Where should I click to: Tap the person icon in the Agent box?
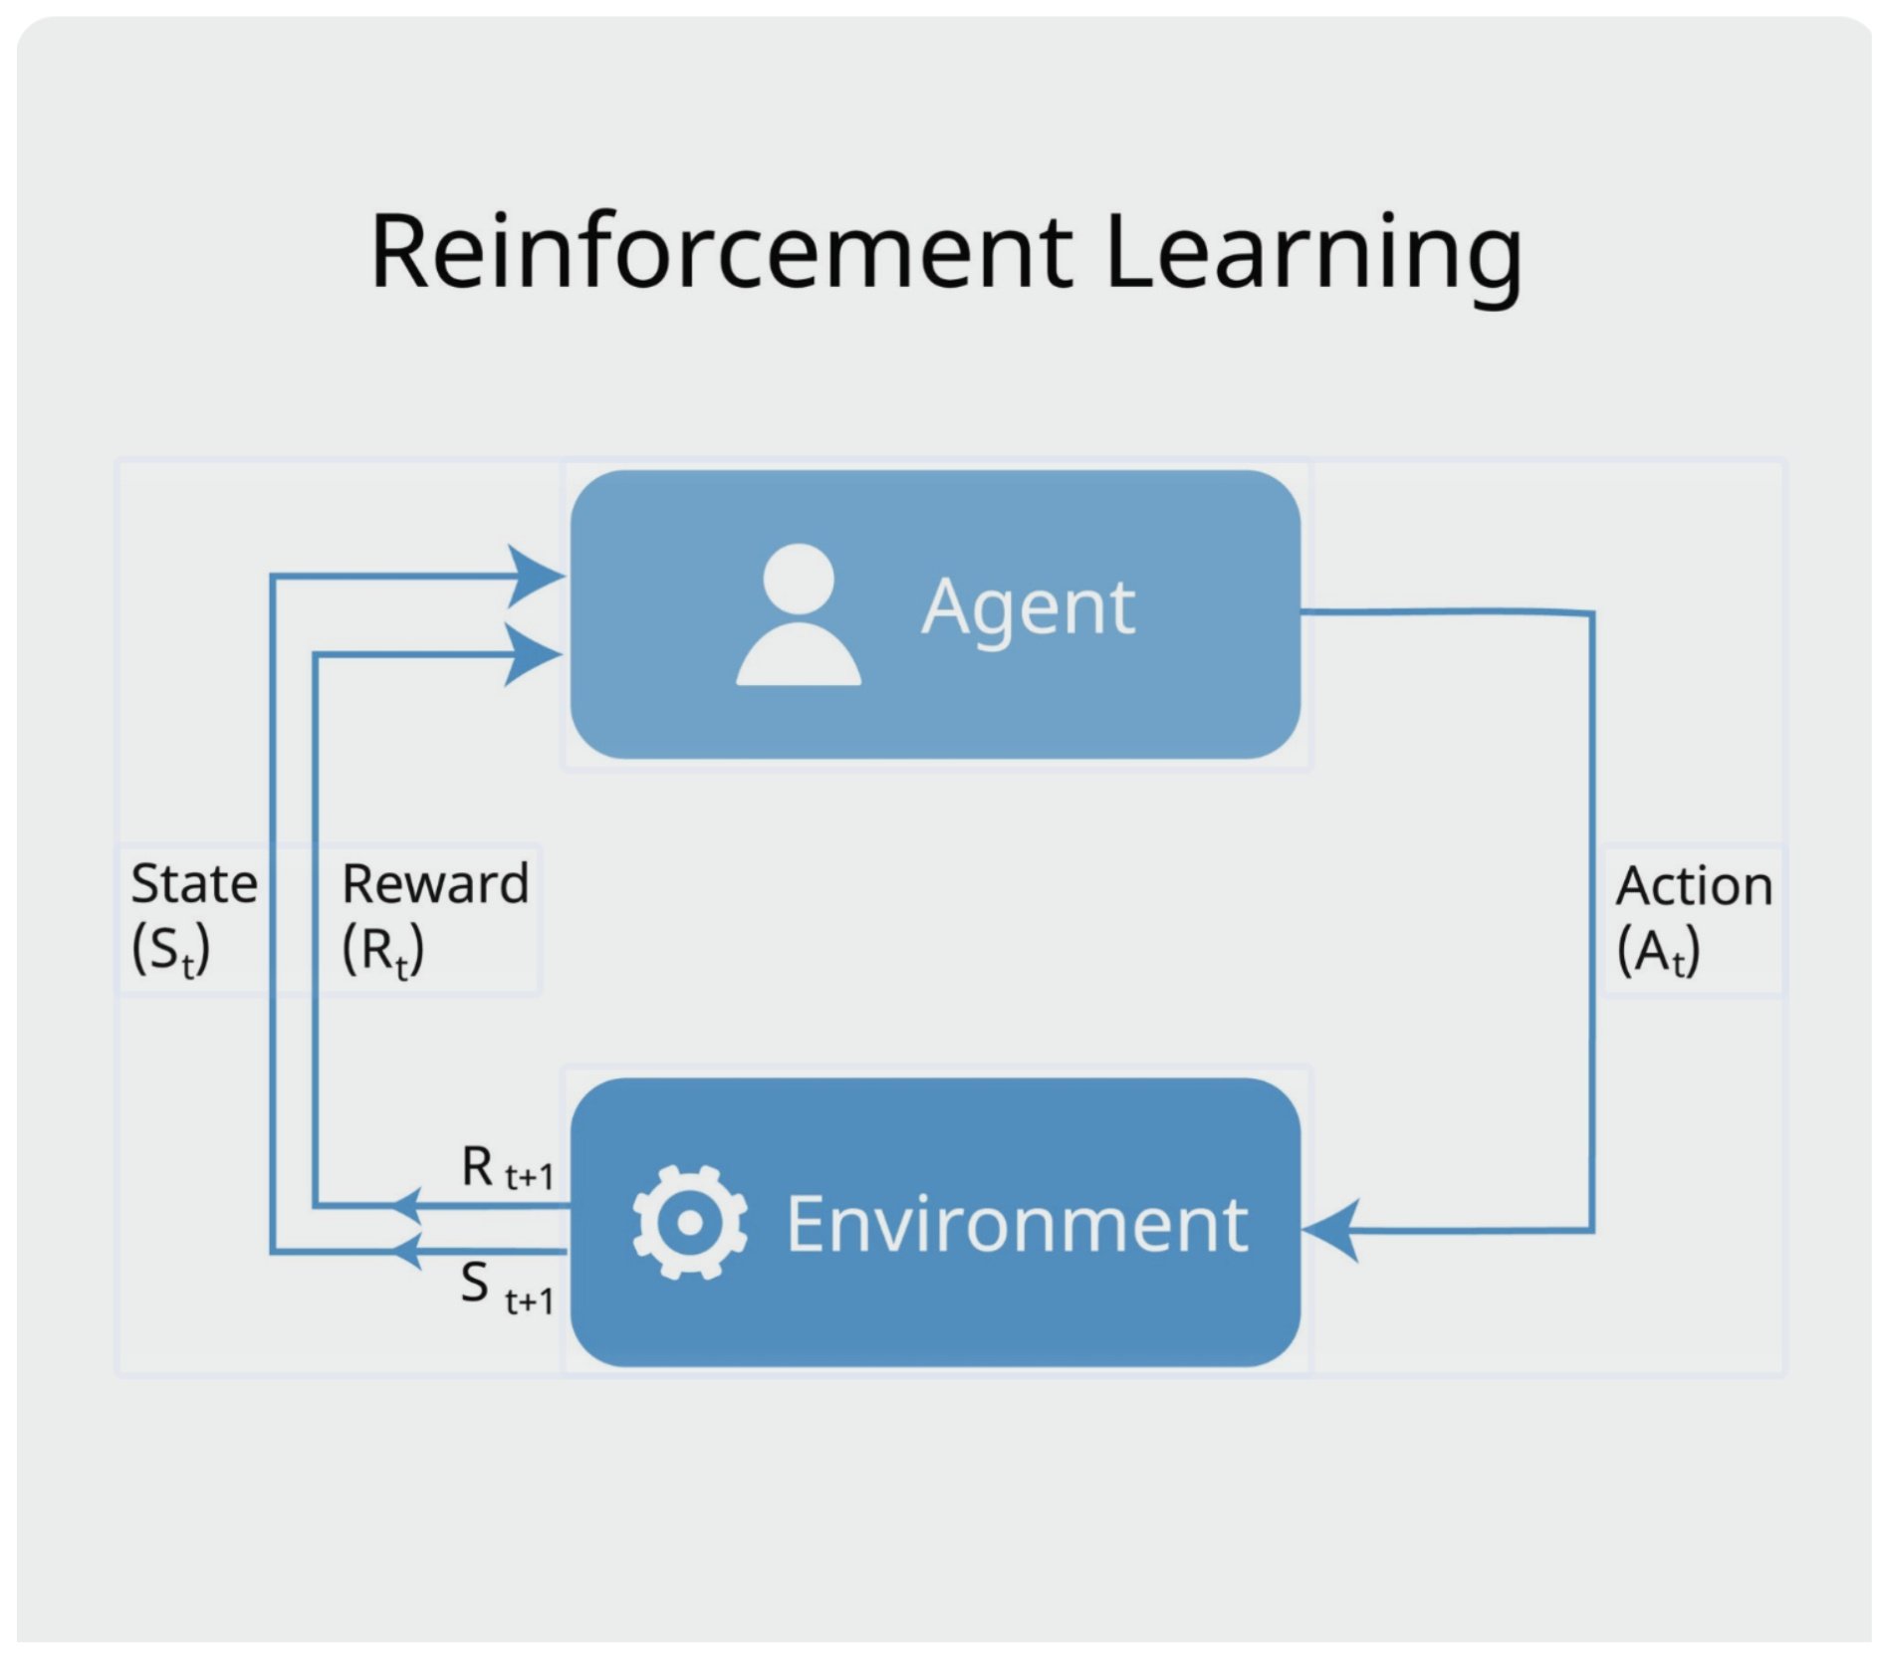coord(799,614)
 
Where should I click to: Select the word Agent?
coord(1028,607)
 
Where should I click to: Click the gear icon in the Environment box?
coord(689,1222)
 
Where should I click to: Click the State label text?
coord(194,884)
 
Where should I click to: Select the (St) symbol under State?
coord(170,949)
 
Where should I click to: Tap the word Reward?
coord(435,884)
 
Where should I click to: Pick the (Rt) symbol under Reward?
coord(382,949)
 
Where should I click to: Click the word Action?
coord(1694,886)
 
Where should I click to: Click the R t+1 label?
coord(507,1167)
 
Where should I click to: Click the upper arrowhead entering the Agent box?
coord(535,576)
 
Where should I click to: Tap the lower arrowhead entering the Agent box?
coord(533,654)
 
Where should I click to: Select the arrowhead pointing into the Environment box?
coord(1332,1231)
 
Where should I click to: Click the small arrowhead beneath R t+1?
coord(405,1206)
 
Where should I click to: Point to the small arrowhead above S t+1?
coord(405,1251)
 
